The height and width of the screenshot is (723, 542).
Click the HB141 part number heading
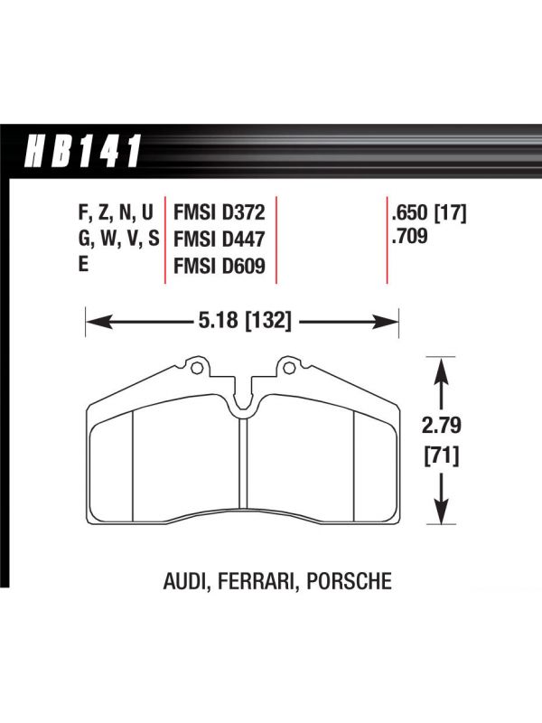click(83, 151)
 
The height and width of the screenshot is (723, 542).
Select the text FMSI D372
click(219, 212)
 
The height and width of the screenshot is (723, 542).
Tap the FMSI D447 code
click(219, 239)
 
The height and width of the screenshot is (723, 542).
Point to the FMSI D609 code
click(219, 266)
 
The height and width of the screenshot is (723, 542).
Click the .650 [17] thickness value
click(428, 213)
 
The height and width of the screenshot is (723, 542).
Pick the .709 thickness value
click(409, 237)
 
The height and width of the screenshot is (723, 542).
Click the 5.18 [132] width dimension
click(245, 320)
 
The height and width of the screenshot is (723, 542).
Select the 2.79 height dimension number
click(442, 426)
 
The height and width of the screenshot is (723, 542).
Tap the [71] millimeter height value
click(442, 456)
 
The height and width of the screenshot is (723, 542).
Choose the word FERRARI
click(256, 581)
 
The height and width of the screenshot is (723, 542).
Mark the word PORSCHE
click(350, 581)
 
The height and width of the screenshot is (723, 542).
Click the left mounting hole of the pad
click(196, 368)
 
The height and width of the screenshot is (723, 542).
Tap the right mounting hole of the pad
click(289, 368)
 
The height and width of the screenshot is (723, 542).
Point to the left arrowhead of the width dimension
click(99, 322)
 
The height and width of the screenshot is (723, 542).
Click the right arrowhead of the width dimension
click(386, 322)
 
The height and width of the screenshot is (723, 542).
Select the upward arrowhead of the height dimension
click(442, 371)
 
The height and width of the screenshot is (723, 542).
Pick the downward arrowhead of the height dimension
click(442, 510)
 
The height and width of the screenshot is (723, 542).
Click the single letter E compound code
click(83, 265)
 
